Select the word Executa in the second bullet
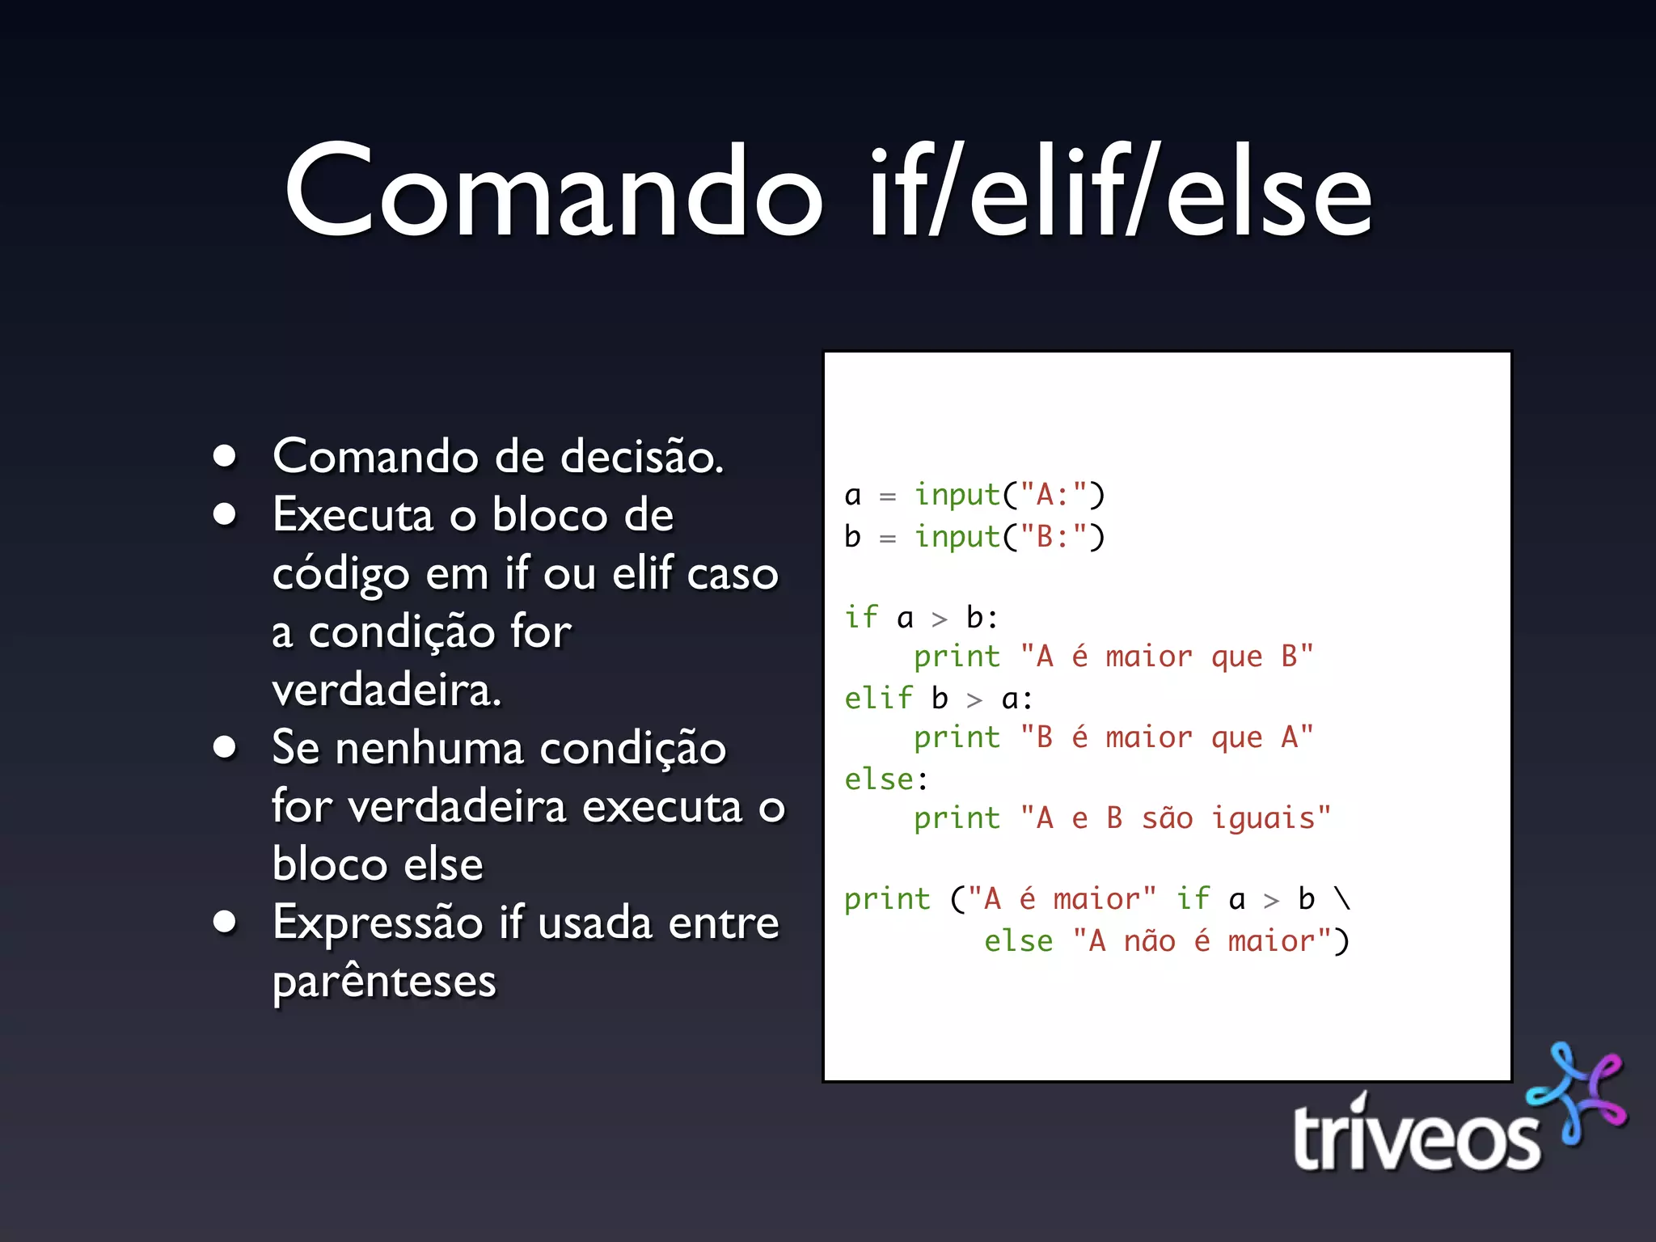(353, 515)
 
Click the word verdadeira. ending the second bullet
(387, 691)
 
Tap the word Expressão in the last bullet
(378, 923)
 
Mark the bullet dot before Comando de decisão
(225, 456)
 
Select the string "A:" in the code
(1054, 495)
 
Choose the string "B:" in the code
(1054, 537)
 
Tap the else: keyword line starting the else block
(886, 779)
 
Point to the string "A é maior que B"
(1167, 657)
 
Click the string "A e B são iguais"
(1175, 818)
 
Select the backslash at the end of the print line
(1343, 899)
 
